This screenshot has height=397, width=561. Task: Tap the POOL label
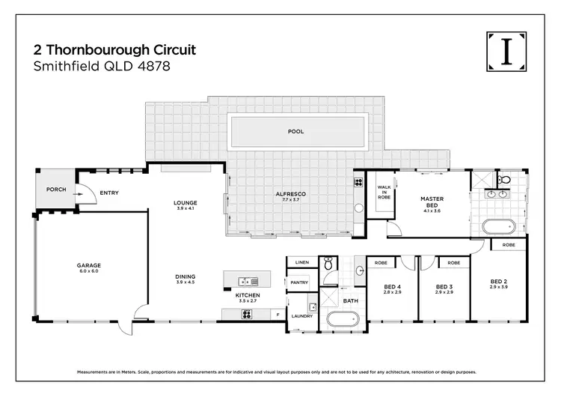coord(296,132)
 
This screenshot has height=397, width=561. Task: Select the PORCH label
coord(57,190)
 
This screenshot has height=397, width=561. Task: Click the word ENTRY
coord(109,193)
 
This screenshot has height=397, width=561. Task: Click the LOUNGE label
coord(185,204)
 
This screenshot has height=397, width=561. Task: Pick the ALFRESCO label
coord(291,196)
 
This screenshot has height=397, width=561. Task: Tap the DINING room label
coord(185,278)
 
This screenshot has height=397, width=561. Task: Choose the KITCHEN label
coord(248,297)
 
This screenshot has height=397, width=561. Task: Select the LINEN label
coord(302,263)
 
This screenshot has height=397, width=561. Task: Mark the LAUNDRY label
coord(301,316)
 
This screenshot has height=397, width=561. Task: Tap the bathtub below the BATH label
coord(344,320)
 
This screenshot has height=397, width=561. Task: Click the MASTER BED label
coord(432,203)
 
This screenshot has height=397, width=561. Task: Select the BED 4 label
coord(392,288)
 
